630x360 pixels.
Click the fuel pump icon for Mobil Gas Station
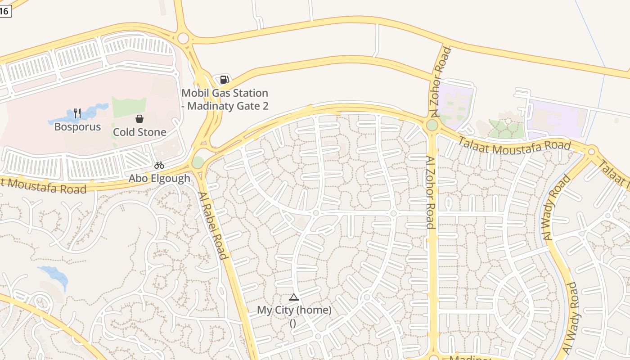[x=224, y=80]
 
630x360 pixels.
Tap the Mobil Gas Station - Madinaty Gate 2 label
[x=225, y=99]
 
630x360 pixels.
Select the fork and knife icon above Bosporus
[x=77, y=113]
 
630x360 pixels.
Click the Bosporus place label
[x=77, y=127]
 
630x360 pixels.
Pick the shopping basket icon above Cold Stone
[x=139, y=119]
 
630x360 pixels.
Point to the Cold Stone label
[x=139, y=132]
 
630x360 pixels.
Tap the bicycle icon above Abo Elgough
[x=159, y=165]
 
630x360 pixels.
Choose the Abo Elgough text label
[x=159, y=178]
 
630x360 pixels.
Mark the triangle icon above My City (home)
[x=294, y=297]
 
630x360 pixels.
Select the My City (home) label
[x=294, y=310]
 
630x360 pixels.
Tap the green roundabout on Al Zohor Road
[x=432, y=125]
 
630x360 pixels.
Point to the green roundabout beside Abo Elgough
[x=198, y=162]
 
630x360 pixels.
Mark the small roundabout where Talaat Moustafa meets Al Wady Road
[x=592, y=152]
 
